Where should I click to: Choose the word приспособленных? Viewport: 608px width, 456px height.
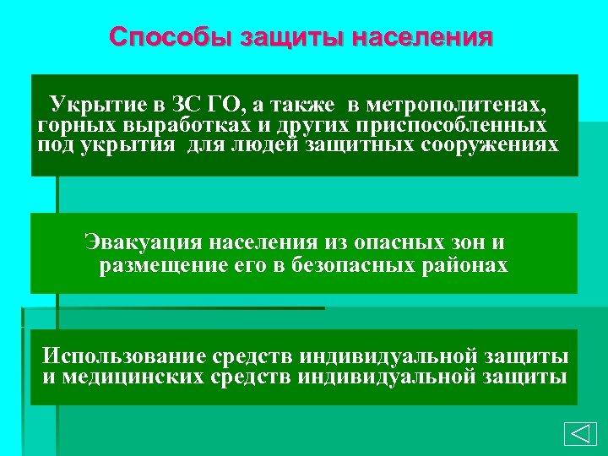[x=451, y=126]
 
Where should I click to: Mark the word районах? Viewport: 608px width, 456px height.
[x=466, y=267]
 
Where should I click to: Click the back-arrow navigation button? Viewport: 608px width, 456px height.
[x=578, y=433]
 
